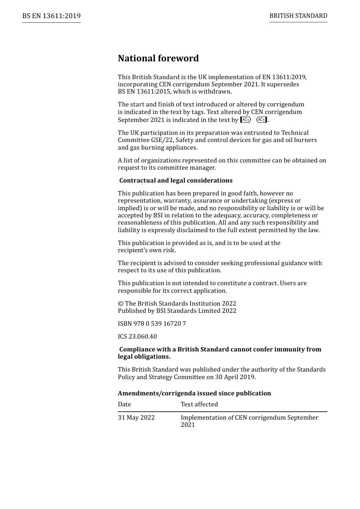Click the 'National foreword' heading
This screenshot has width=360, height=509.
[158, 58]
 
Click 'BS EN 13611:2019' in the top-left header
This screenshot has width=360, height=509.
[51, 16]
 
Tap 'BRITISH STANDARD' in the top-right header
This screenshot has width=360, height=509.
[298, 16]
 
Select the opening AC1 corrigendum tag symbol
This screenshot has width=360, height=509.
[246, 120]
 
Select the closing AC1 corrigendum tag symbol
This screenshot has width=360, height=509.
[262, 120]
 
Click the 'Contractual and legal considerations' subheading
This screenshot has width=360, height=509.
[176, 181]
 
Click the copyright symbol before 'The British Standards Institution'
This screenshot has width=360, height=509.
[121, 304]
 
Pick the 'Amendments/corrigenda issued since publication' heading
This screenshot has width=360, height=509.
[194, 393]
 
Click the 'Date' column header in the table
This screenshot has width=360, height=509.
[124, 404]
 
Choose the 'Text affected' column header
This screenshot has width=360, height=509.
[199, 404]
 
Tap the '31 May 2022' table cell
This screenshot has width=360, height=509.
[136, 418]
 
